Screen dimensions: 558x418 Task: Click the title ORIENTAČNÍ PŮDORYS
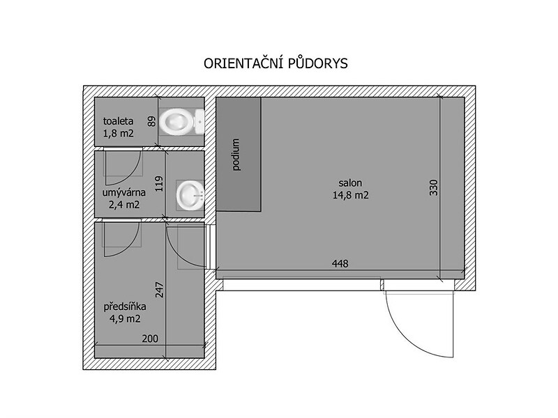(276, 63)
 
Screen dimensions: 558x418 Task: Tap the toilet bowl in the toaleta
(181, 121)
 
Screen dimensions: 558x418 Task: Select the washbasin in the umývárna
(190, 195)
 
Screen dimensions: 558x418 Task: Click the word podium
(235, 155)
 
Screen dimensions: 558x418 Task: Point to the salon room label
(350, 183)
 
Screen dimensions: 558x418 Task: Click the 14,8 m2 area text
(351, 195)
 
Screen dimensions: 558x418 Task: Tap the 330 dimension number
(433, 187)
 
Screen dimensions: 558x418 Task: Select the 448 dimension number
(340, 263)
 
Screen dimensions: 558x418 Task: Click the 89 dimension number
(151, 122)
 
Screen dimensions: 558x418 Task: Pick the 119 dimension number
(159, 184)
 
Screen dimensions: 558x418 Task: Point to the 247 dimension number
(159, 290)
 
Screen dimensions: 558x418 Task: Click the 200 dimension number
(150, 339)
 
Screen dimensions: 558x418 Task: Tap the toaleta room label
(118, 121)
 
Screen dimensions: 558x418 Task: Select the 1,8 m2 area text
(118, 134)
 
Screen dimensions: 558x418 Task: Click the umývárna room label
(124, 193)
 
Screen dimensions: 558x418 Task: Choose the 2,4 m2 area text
(124, 205)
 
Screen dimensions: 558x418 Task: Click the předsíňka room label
(125, 307)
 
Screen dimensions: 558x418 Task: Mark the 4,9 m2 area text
(125, 319)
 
